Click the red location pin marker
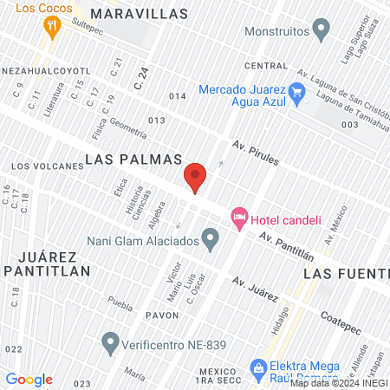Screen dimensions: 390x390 (x=195, y=178)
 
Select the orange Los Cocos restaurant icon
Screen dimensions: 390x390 (x=53, y=26)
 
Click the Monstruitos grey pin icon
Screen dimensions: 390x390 (x=322, y=31)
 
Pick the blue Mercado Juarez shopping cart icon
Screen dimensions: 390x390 (x=296, y=91)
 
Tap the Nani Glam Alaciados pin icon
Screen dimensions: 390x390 (x=210, y=237)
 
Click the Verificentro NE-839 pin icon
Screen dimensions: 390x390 (x=109, y=344)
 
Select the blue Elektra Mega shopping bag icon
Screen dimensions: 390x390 (x=257, y=368)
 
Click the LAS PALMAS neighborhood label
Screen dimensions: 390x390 (x=133, y=159)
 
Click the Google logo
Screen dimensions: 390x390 (x=29, y=380)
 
